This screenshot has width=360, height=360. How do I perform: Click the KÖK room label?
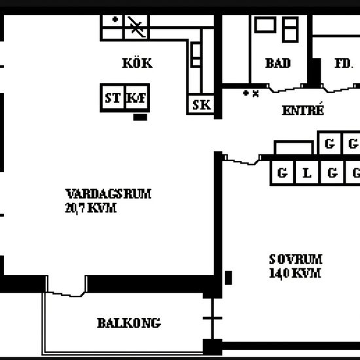click(x=137, y=63)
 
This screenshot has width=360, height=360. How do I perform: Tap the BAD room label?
click(x=278, y=63)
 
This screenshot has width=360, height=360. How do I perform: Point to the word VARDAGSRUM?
click(x=108, y=194)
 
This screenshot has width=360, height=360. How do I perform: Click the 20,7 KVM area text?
click(x=91, y=208)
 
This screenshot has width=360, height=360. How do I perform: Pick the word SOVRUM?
click(x=296, y=259)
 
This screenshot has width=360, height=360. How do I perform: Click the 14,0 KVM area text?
click(x=295, y=274)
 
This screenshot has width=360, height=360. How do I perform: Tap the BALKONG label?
click(x=129, y=323)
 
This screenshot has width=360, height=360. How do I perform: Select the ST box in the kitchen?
click(x=113, y=98)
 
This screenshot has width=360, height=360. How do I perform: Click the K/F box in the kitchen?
click(x=137, y=98)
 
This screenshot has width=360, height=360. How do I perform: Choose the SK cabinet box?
click(x=202, y=105)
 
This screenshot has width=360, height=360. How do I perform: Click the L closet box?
click(x=307, y=173)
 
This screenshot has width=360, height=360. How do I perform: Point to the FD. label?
click(x=344, y=63)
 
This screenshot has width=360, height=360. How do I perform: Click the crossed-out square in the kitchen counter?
click(x=137, y=27)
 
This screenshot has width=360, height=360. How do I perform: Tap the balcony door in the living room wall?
click(x=66, y=286)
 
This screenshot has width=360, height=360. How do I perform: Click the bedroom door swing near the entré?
click(x=242, y=160)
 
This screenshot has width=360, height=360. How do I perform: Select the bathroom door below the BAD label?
click(x=287, y=88)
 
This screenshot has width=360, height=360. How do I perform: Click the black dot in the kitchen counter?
click(x=115, y=20)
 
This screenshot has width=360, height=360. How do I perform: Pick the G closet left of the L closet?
click(x=282, y=173)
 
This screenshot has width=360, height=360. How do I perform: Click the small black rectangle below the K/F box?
click(x=140, y=117)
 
